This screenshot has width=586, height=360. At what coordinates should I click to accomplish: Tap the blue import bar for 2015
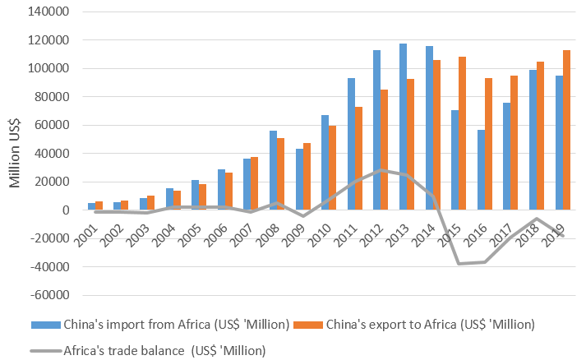pos(454,159)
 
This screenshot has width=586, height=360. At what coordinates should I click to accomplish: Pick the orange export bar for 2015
pos(463,133)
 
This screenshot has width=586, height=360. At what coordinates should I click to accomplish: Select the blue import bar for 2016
pos(480,169)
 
